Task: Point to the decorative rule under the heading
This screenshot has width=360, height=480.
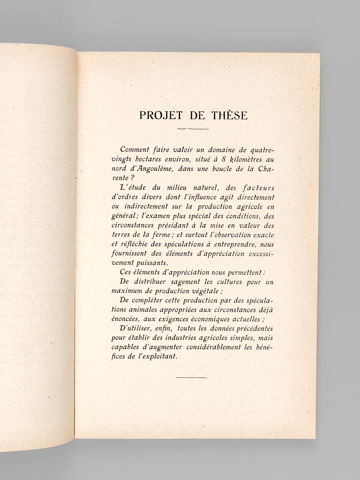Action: [x=193, y=129]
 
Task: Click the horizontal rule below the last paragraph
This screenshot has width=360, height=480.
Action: [x=192, y=377]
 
